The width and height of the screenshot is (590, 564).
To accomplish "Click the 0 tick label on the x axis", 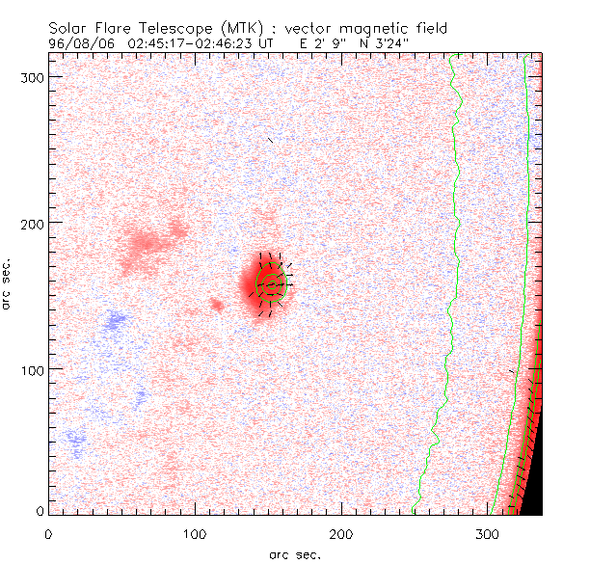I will [48, 532].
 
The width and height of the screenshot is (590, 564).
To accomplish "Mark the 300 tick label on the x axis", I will [488, 532].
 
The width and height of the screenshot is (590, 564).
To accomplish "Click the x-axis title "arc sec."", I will [295, 554].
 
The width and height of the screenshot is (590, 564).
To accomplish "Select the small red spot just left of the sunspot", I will [216, 305].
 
